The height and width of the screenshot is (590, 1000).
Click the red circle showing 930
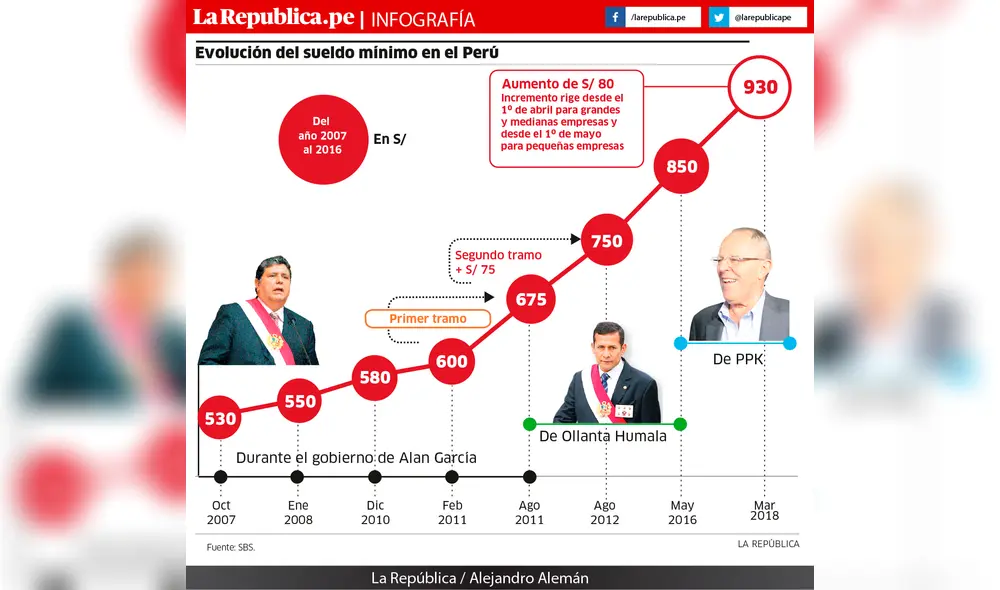[760, 87]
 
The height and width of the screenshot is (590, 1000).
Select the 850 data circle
[682, 167]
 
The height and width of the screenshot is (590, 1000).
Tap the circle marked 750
[606, 241]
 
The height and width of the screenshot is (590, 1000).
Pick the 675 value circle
[530, 299]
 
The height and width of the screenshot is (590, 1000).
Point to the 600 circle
[452, 361]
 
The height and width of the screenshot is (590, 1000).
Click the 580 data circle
[375, 379]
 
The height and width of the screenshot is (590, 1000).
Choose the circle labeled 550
[298, 401]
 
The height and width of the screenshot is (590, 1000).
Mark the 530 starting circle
[220, 419]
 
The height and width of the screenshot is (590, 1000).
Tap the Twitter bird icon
[719, 18]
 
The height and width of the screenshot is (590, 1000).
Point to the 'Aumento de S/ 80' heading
[557, 84]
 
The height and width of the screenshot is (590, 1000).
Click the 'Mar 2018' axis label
[764, 509]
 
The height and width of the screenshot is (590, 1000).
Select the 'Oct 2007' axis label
[220, 513]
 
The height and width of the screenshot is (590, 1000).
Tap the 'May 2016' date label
[682, 513]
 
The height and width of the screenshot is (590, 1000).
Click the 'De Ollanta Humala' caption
[602, 436]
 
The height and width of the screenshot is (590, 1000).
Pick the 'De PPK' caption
[738, 357]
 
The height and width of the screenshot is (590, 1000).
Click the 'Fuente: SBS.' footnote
[230, 548]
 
